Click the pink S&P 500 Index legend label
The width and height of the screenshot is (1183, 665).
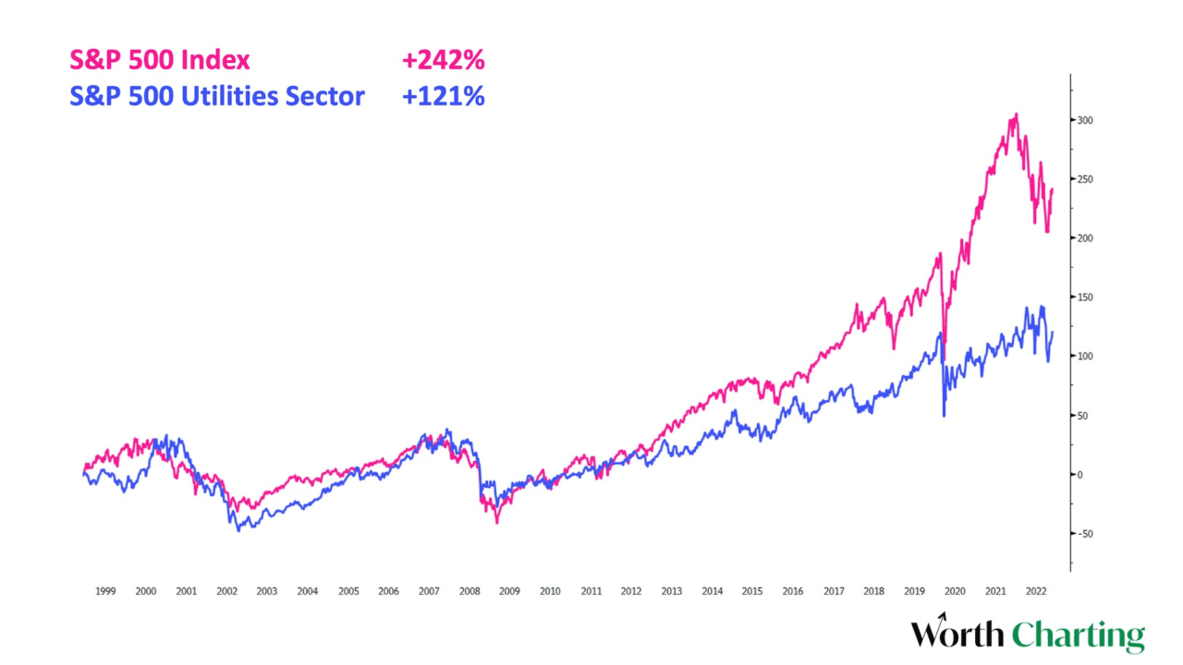coord(160,61)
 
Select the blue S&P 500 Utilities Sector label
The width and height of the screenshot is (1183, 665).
coord(217,95)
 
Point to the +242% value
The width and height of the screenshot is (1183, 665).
coord(443,61)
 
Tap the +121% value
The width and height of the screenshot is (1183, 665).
coord(443,95)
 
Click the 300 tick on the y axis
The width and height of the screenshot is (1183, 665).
coord(1083,120)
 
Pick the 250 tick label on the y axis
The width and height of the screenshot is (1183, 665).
coord(1083,179)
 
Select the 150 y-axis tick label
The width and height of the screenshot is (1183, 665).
coord(1083,297)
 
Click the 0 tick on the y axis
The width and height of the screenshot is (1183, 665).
coord(1078,475)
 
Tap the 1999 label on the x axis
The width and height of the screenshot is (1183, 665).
coord(105,591)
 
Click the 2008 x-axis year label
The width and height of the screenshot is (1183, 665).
coord(470,591)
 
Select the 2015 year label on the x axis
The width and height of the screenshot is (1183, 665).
coord(752,591)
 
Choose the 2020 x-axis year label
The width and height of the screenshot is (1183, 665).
coord(955,591)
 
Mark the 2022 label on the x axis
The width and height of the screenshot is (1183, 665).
coord(1036,591)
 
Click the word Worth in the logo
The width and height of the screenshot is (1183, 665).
coord(957,635)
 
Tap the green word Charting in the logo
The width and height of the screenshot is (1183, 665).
coord(1078,635)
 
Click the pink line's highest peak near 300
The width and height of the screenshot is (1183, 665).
coord(1017,115)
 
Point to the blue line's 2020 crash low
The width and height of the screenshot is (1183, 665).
coord(944,416)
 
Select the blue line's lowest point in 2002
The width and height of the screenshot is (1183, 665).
coord(238,530)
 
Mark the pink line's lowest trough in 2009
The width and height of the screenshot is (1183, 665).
coord(497,523)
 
